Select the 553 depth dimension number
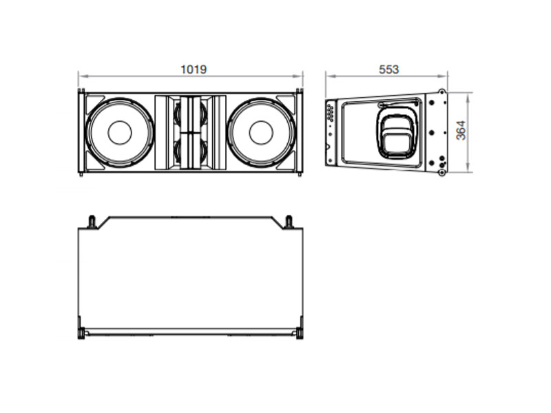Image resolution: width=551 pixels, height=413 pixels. pos(388,69)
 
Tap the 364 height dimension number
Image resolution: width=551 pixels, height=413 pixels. pos(461,130)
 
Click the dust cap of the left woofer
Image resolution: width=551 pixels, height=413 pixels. pos(119,131)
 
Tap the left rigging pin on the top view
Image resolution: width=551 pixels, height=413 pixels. pos(91,222)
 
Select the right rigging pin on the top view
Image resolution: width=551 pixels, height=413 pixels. pos(289,222)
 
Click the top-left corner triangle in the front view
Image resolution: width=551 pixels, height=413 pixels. pos(94,100)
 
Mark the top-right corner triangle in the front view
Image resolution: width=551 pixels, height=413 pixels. pos(286,100)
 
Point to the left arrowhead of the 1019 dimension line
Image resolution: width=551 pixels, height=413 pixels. pos(81,74)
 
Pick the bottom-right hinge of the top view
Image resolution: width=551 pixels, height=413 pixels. pos(300,334)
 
